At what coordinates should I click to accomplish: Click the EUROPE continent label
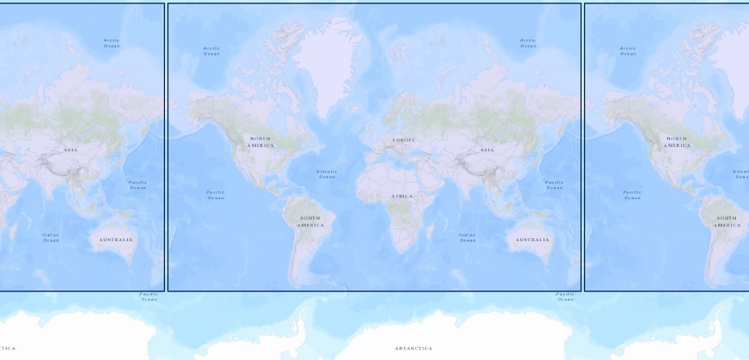(x=404, y=140)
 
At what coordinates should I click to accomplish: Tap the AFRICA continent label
(x=402, y=196)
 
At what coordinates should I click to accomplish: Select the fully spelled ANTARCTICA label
(x=414, y=348)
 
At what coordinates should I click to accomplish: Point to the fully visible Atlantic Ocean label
(x=327, y=174)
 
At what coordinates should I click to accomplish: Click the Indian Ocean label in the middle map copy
(x=468, y=238)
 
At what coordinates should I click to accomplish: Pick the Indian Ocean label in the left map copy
(x=51, y=238)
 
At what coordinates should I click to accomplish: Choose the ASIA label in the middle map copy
(x=487, y=150)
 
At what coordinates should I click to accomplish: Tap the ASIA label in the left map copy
(x=70, y=150)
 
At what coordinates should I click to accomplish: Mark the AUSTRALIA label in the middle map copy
(x=532, y=239)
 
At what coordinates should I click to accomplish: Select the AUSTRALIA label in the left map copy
(x=116, y=239)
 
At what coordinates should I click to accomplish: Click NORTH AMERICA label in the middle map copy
(x=260, y=142)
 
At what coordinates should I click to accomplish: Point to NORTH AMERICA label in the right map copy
(x=677, y=142)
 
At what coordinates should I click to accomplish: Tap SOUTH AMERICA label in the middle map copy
(x=310, y=221)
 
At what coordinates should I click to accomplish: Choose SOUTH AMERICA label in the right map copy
(x=727, y=221)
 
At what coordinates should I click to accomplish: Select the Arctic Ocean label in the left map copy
(x=112, y=43)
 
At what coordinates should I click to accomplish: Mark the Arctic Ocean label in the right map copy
(x=628, y=51)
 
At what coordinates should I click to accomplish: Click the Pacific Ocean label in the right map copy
(x=632, y=195)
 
